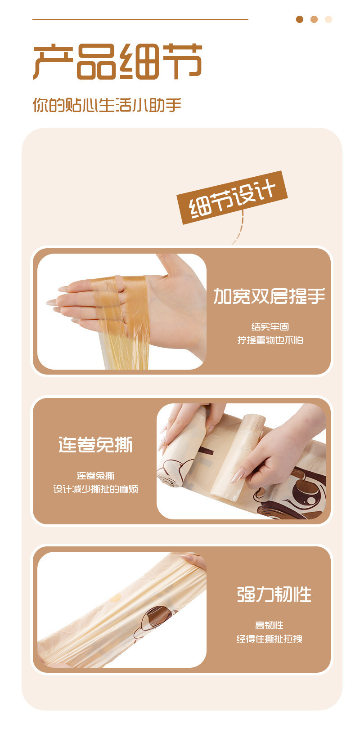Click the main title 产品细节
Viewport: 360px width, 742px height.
118,62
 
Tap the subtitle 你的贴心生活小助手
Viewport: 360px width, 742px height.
107,105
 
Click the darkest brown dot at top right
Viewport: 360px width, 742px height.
300,19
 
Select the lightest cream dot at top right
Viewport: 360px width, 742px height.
328,19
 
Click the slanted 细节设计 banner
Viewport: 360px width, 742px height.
232,197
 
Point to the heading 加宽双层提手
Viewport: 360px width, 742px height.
269,296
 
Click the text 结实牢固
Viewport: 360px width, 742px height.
270,327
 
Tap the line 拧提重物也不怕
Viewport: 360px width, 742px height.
270,340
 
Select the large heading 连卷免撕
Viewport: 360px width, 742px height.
95,445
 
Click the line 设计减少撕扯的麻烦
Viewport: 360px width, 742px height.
95,489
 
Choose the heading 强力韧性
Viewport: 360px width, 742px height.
274,594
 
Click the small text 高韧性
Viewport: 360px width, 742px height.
269,626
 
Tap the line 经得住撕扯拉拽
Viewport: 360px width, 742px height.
269,639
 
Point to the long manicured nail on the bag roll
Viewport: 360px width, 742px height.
237,475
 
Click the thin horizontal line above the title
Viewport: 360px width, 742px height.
140,19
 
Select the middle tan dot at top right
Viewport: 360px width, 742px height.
314,19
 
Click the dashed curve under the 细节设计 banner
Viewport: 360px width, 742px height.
239,228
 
